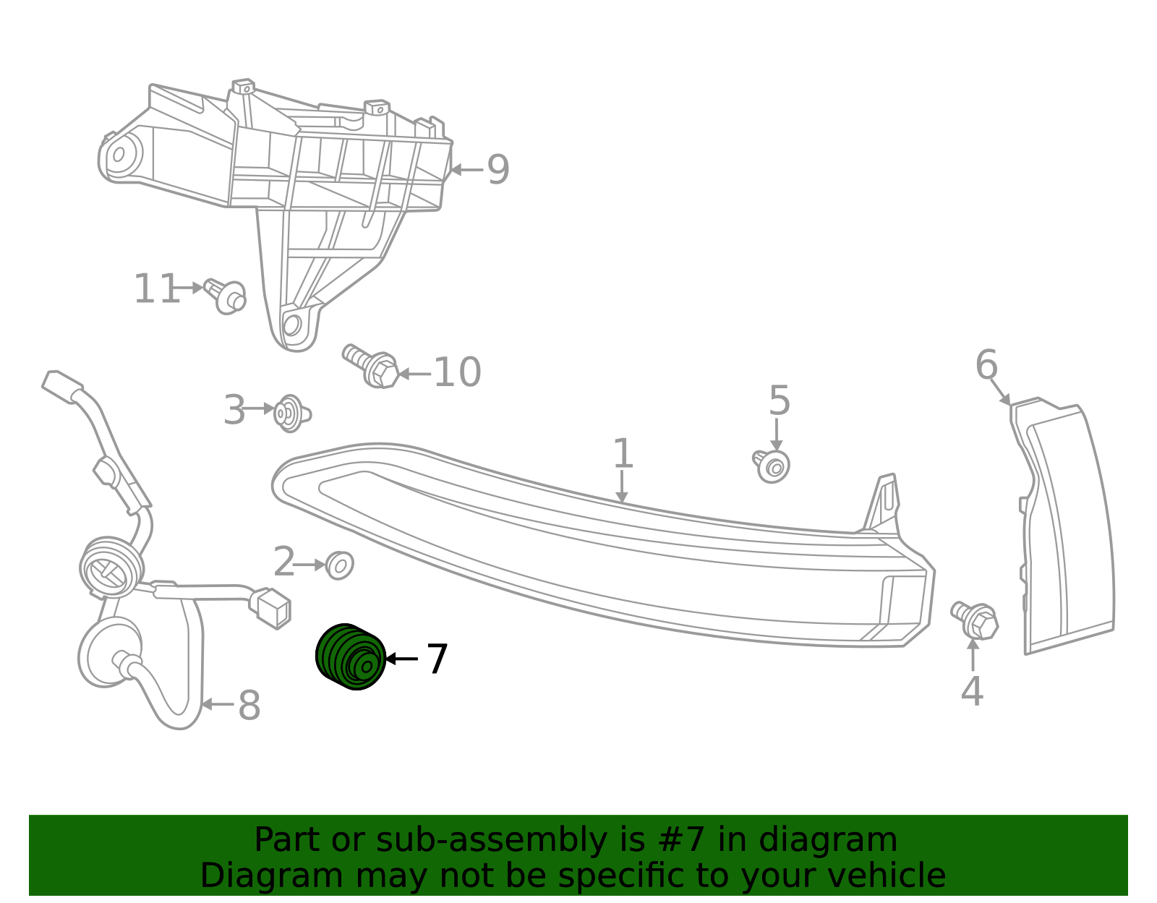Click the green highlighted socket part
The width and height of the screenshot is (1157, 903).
(350, 656)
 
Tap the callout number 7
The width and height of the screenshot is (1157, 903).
(437, 659)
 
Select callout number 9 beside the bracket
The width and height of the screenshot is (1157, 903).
(498, 171)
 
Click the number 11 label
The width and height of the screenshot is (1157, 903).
(155, 289)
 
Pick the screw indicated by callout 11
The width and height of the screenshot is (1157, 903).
(226, 296)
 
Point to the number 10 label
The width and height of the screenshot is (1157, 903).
(456, 373)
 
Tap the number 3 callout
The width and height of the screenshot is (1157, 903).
(234, 411)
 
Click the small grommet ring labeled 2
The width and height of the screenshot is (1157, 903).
(338, 565)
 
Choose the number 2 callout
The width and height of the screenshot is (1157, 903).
(284, 562)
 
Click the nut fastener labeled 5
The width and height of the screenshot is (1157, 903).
(772, 466)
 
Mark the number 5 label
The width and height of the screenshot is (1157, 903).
(779, 401)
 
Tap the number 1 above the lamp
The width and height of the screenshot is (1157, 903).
(623, 455)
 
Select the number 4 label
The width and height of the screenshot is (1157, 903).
(972, 691)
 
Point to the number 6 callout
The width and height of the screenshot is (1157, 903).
(986, 365)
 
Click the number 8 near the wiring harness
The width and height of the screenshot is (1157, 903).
(249, 706)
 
